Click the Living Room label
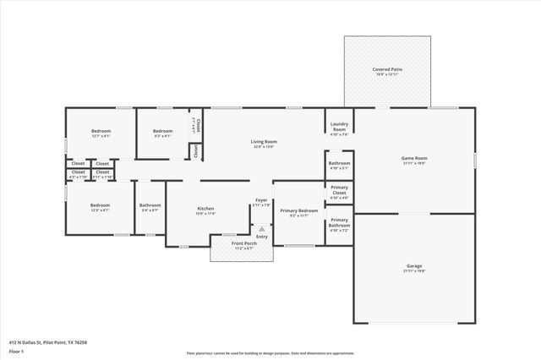coord(264,142)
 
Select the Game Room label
coord(413,158)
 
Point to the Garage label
coord(413,266)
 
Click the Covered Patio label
coord(386,69)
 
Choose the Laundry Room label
coord(339,127)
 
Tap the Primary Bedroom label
coord(299,210)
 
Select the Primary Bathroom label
coord(339,224)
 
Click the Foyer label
coord(261,200)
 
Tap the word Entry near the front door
coord(262,236)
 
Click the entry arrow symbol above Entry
coord(262,227)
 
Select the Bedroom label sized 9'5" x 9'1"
coord(162,131)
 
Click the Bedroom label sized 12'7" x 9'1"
coord(100,131)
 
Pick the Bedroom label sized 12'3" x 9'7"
coord(100,205)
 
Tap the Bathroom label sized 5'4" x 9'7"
coord(150,205)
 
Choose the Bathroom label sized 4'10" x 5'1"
coord(339,162)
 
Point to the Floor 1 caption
coord(16,351)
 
